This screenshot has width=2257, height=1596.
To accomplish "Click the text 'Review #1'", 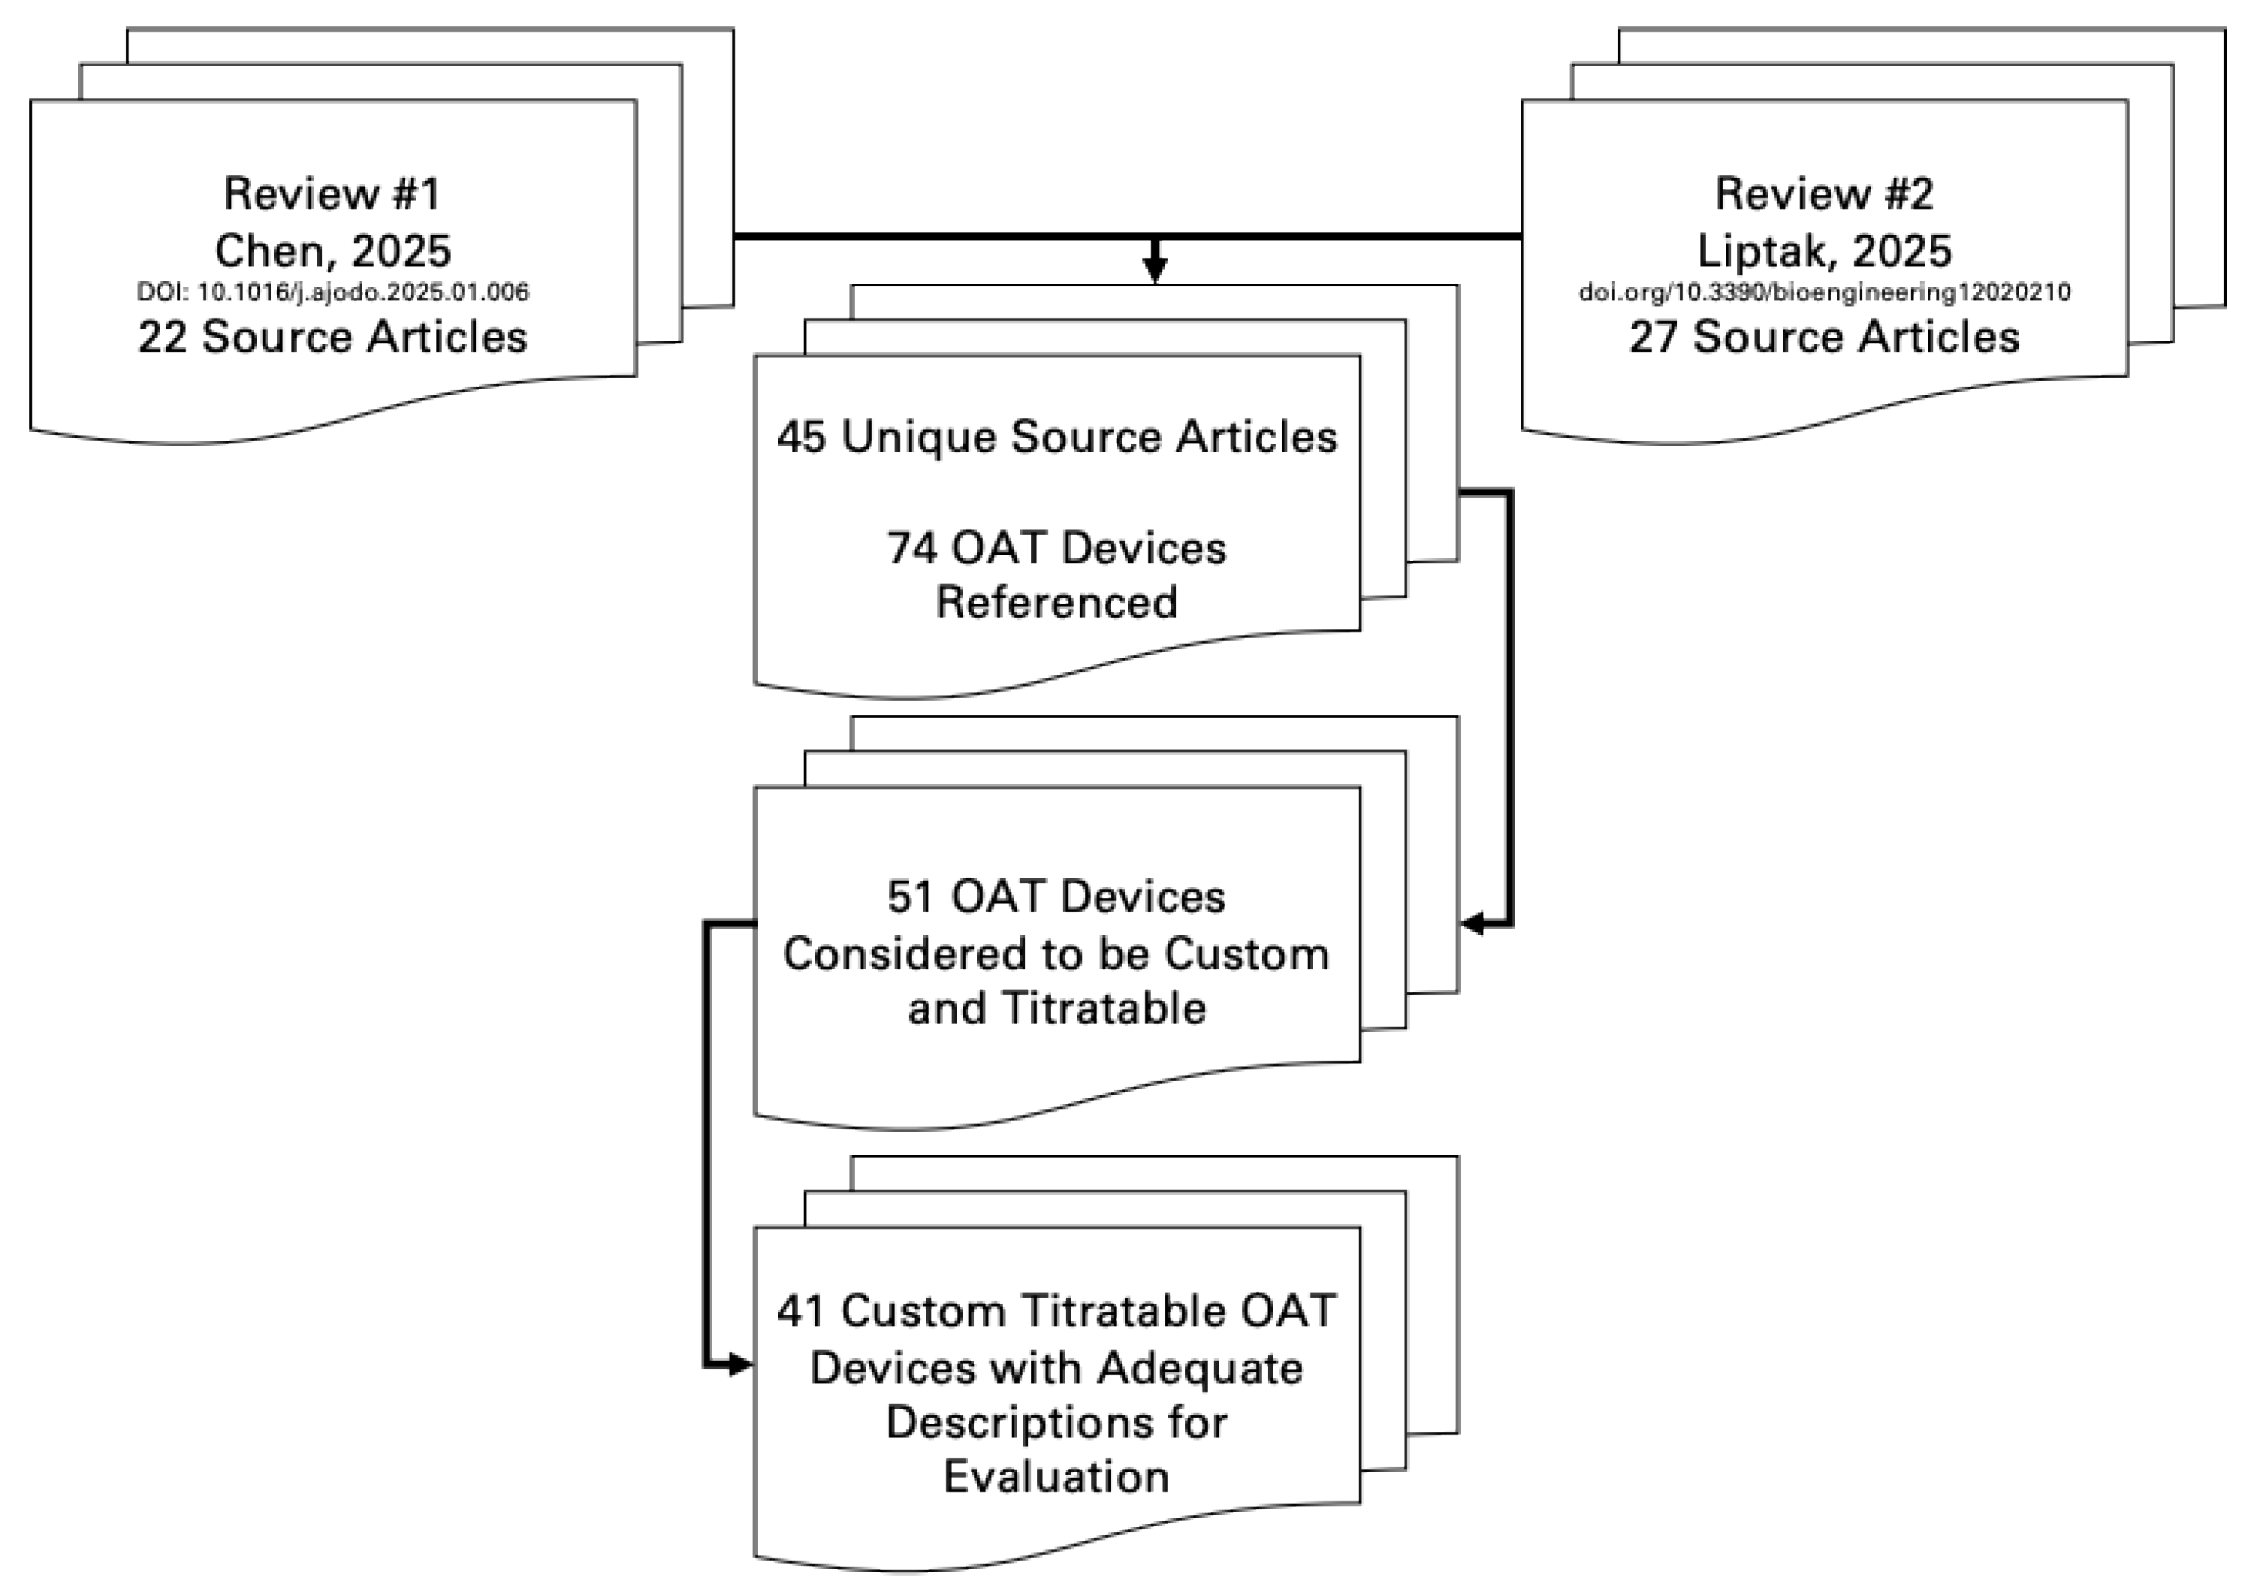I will coord(331,194).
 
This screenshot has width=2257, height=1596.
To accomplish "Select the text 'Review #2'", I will coord(1824,194).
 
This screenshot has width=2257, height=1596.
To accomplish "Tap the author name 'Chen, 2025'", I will coord(332,251).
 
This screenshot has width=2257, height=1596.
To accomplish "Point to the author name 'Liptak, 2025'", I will coord(1824,251).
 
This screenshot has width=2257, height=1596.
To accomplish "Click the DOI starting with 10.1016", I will coord(332,292).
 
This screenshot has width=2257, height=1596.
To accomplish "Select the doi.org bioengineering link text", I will coord(1824,292).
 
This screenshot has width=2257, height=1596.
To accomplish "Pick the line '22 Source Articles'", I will coord(332,337).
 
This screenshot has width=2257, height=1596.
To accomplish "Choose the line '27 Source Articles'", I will coord(1824,337).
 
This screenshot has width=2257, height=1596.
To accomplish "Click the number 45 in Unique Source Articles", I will coord(801,436).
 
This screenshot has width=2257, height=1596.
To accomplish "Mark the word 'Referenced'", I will coord(1057,602).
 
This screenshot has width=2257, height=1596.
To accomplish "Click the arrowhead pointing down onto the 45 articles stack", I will coord(1156,270).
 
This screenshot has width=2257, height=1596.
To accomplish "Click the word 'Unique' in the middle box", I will coord(919,436).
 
